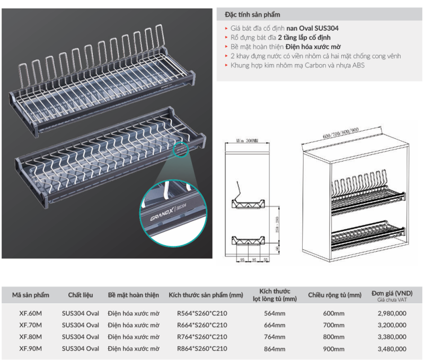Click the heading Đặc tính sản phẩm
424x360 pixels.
tap(252, 14)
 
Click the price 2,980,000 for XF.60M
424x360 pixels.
tap(393, 313)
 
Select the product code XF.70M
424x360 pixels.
tap(30, 325)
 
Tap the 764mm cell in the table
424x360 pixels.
tap(275, 337)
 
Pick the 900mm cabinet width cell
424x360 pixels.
tap(334, 349)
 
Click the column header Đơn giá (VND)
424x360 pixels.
tap(392, 293)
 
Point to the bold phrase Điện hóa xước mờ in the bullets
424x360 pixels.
tap(314, 47)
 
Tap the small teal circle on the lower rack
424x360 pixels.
tap(181, 148)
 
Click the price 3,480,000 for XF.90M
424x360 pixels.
tap(393, 349)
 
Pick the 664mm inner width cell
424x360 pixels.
tap(275, 325)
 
